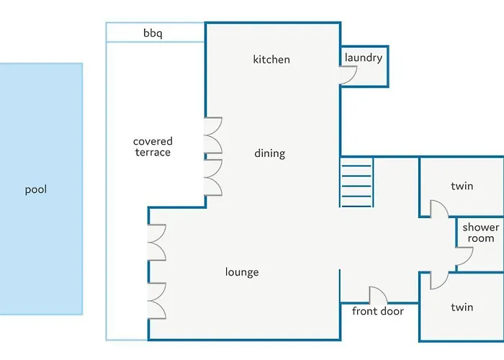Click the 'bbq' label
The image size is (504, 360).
153,33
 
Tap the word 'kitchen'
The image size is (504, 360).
271,60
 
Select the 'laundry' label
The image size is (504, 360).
364,58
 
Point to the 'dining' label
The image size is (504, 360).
270,153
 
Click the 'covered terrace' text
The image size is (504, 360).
153,147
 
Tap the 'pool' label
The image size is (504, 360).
36,189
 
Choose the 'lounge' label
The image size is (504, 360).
242,272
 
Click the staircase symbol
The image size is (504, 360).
356,182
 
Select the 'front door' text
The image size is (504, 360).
378,311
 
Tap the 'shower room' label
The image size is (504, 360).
481,233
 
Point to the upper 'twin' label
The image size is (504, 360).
462,186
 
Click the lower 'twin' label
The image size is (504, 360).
462,307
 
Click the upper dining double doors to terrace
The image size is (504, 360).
213,135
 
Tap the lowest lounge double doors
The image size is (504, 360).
157,301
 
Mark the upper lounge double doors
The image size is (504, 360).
157,243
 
